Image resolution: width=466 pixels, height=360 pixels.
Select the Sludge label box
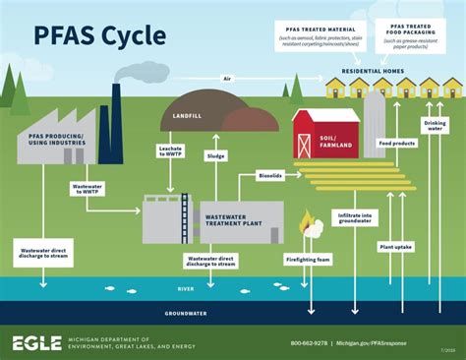(216, 155)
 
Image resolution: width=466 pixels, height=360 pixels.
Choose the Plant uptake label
(396, 246)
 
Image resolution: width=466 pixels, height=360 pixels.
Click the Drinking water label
(434, 126)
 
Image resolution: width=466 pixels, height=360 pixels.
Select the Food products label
(396, 144)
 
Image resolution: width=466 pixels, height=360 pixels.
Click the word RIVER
(185, 289)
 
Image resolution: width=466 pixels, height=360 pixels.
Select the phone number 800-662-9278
(310, 342)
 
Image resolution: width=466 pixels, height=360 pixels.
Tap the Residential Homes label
(374, 71)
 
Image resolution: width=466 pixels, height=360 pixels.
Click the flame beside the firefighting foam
(307, 223)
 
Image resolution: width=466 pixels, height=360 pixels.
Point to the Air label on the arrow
(227, 78)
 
